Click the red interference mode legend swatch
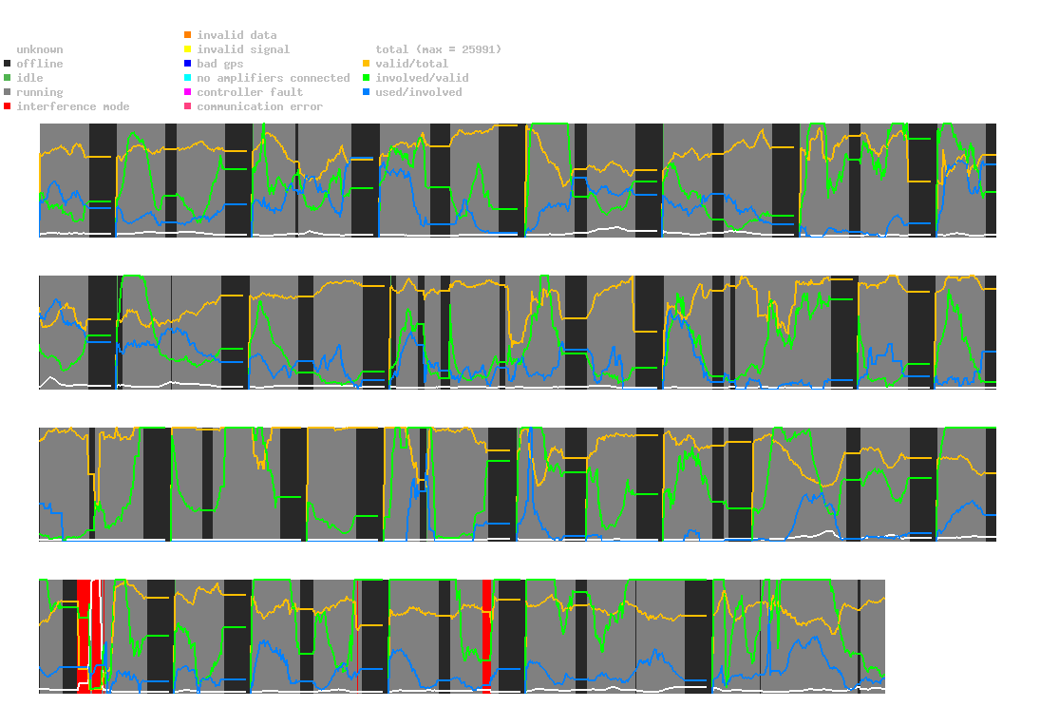click(x=8, y=106)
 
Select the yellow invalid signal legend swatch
click(x=188, y=49)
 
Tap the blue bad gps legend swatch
click(x=188, y=64)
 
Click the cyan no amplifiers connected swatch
click(x=188, y=78)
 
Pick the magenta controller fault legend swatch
click(x=188, y=92)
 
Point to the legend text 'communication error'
click(x=259, y=106)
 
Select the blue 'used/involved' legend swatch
click(x=367, y=92)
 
